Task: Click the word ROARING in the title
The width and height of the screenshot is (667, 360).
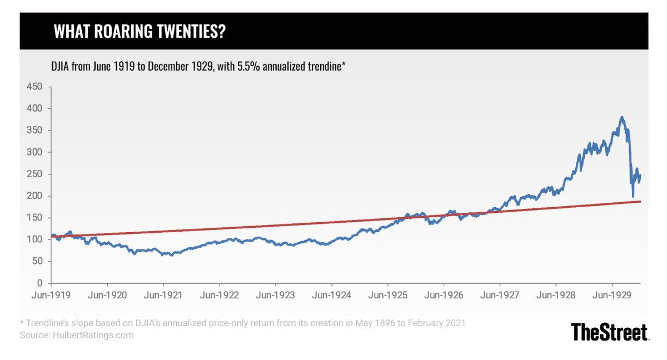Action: click(x=128, y=32)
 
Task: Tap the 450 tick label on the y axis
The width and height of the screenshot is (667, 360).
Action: click(x=35, y=87)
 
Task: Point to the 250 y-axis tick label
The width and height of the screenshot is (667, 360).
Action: click(x=35, y=174)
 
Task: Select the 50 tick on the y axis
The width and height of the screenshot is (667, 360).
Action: click(x=38, y=261)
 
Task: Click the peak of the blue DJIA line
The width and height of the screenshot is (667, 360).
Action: click(x=622, y=117)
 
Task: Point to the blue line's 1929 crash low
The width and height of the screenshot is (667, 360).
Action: click(x=633, y=196)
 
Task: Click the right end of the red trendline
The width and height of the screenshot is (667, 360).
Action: click(x=640, y=201)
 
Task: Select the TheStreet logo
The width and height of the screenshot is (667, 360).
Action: click(x=610, y=332)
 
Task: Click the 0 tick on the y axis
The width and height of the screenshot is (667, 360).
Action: click(x=40, y=283)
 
